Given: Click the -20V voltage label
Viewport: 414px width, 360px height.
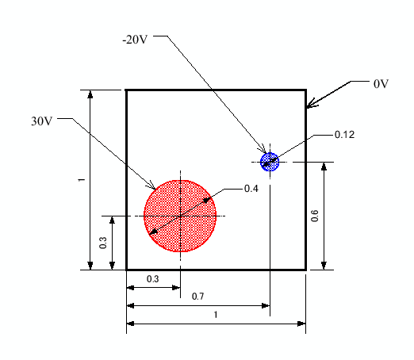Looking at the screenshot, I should click(x=136, y=40).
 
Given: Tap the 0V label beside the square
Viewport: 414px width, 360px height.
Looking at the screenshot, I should click(x=381, y=82).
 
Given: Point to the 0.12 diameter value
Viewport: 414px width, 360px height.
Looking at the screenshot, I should click(x=344, y=135).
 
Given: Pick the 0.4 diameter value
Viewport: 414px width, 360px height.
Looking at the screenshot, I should click(x=252, y=189).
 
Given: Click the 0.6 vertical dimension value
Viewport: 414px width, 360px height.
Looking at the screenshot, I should click(x=315, y=216).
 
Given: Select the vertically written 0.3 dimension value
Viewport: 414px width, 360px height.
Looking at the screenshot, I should click(x=103, y=243).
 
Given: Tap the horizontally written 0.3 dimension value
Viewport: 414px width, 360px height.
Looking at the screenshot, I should click(x=152, y=279).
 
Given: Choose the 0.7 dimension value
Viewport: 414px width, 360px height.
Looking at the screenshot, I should click(x=198, y=296).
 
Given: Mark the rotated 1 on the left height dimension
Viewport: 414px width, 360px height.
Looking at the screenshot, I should click(x=81, y=180).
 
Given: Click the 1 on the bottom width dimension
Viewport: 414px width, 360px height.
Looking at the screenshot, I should click(x=217, y=314).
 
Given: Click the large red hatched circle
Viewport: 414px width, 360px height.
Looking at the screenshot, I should click(x=181, y=216).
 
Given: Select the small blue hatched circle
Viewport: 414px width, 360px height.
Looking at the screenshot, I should click(x=270, y=162).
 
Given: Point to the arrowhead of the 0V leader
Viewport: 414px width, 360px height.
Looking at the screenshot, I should click(x=309, y=105).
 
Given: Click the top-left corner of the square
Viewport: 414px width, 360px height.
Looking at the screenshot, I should click(x=127, y=90).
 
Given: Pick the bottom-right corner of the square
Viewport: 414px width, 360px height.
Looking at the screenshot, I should click(x=306, y=270).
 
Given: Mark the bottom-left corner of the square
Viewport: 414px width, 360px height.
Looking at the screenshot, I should click(x=127, y=270).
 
